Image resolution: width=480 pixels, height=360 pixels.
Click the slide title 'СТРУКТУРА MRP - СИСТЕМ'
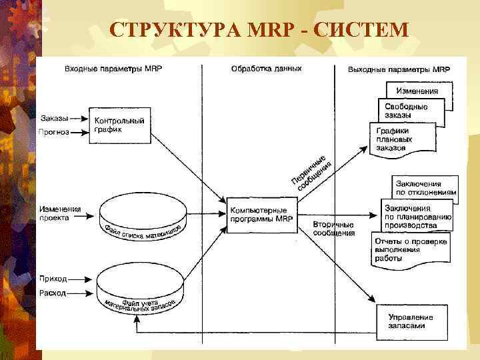tap(258, 29)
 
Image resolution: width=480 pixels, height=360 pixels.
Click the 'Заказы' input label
tap(54, 119)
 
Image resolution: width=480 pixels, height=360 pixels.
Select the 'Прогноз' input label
tap(54, 131)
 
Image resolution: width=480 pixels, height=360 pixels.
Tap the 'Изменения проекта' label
tap(59, 213)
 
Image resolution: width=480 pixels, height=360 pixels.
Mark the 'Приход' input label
tap(53, 279)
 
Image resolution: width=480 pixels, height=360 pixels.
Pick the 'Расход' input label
tap(53, 293)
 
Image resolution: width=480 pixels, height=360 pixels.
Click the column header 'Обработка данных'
tap(266, 69)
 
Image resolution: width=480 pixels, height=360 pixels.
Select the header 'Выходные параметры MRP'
tap(399, 69)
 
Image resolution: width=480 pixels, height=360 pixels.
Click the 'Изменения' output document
tap(418, 91)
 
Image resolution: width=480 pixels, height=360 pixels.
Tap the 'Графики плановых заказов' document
tap(401, 140)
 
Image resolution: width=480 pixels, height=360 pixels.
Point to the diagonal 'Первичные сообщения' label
tap(310, 172)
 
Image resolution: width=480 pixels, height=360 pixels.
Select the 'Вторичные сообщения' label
tap(333, 230)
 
